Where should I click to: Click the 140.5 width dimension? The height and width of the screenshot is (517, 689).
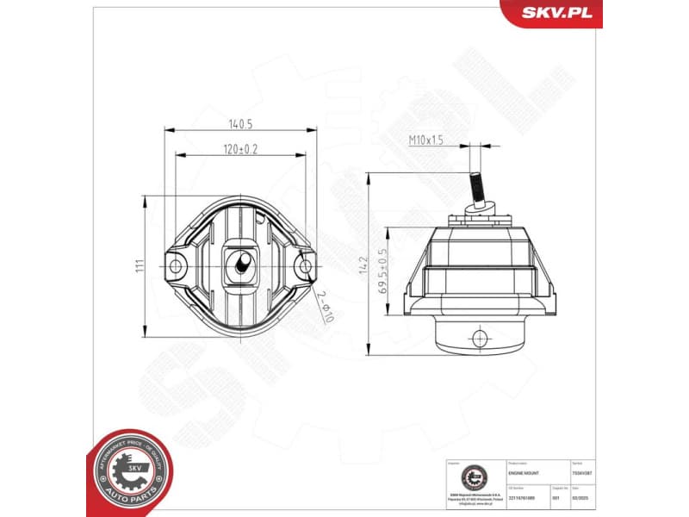click(239, 123)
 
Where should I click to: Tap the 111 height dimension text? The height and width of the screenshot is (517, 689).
click(139, 266)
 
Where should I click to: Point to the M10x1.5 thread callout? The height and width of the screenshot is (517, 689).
click(425, 140)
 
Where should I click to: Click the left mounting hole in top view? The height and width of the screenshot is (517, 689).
click(176, 266)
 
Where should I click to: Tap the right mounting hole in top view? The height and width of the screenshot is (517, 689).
click(305, 266)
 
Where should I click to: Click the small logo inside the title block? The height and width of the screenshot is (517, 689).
click(472, 477)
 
